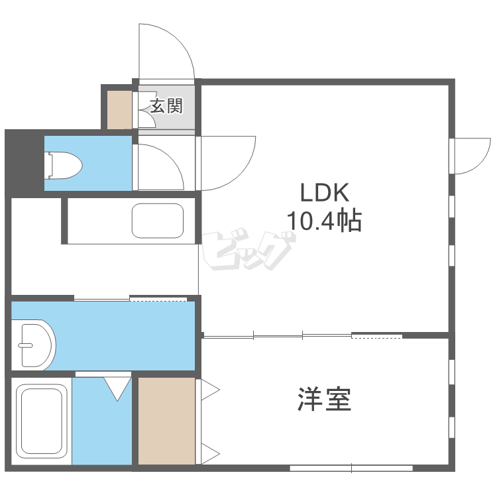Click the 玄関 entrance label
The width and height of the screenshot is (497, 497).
(166, 105)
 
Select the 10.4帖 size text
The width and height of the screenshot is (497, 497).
(324, 219)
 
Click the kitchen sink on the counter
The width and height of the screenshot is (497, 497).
(158, 221)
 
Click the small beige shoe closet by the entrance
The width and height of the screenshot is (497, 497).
(120, 108)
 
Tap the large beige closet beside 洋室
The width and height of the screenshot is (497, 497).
(166, 420)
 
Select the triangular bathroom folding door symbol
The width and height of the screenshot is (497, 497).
(118, 388)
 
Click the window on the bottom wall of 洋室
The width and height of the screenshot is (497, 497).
(351, 469)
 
